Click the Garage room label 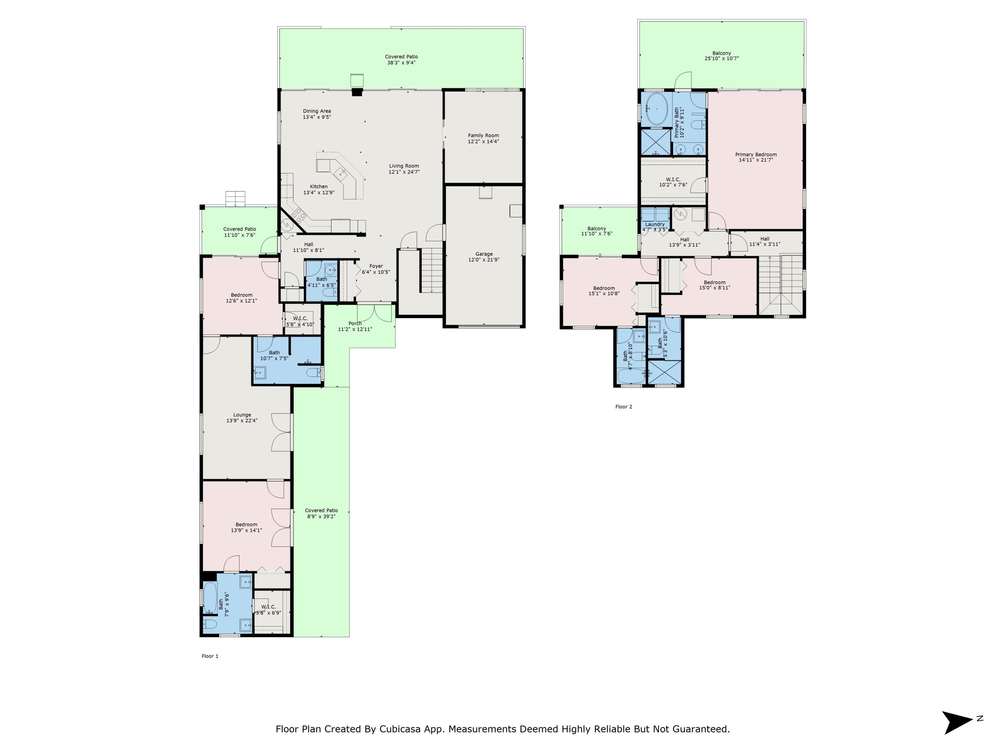[x=484, y=254]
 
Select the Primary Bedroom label [x=756, y=154]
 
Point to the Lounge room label [x=242, y=415]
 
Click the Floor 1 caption [x=210, y=656]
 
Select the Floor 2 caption [x=623, y=406]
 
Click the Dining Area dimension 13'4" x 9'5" [x=317, y=117]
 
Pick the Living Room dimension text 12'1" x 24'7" [x=404, y=172]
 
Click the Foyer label [x=376, y=266]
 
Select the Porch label [x=355, y=323]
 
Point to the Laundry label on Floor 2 [x=655, y=224]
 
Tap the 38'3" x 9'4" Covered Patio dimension [x=401, y=63]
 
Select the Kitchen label [x=319, y=187]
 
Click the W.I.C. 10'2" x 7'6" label [x=673, y=182]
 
